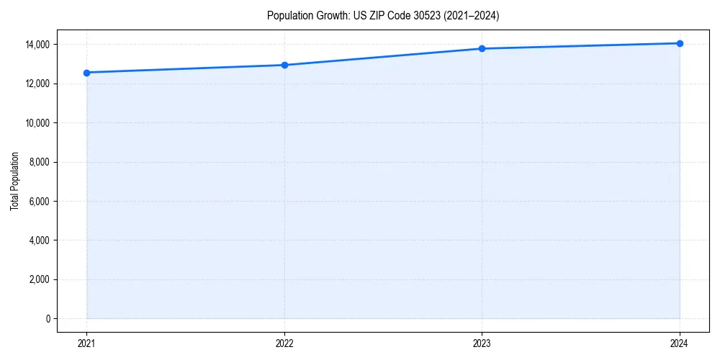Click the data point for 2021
coord(86,73)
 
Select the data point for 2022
coord(284,66)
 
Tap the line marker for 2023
coord(482,49)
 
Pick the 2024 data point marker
coord(680,43)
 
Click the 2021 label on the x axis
coord(86,343)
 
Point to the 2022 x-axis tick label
coord(284,343)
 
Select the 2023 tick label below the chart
coord(482,343)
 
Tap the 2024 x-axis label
coord(680,343)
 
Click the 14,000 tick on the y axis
coord(37,45)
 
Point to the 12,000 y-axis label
coord(37,84)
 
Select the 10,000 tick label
coord(37,123)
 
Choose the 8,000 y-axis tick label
coord(39,162)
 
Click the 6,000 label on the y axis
coord(39,201)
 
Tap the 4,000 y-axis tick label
coord(39,240)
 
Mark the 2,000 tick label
coord(39,279)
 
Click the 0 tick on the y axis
coord(48,318)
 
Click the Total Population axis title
coord(14,181)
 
